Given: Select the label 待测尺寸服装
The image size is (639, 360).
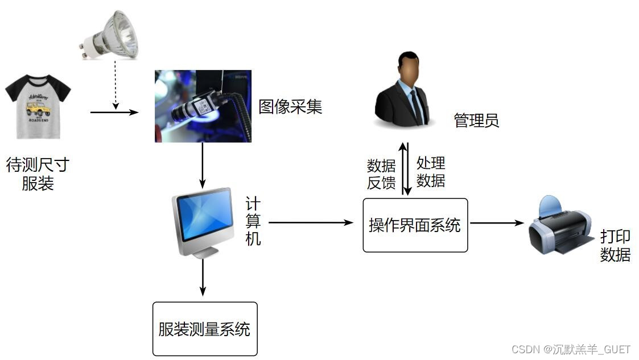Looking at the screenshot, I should point(38,174).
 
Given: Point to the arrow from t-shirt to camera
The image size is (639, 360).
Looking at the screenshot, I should point(114,113).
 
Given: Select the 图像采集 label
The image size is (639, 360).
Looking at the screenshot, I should point(290,106).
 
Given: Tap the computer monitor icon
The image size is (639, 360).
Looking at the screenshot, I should point(203,222).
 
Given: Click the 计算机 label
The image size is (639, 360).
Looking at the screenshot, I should point(253,221).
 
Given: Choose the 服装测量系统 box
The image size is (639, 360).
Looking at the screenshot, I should point(205,329).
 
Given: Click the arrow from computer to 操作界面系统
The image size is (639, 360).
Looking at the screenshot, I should point(311,223).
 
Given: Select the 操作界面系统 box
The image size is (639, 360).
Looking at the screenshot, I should point(415,225).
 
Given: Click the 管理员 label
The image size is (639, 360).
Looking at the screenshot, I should point(476,121).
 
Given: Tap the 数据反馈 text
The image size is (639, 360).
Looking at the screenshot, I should point(381,174).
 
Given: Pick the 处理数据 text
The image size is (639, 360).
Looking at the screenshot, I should point(431,172).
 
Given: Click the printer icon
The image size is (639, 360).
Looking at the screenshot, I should point(559,226).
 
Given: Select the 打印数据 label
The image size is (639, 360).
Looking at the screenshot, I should point(615,246).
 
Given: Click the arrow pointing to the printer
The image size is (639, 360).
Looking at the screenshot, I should point(496,223).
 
